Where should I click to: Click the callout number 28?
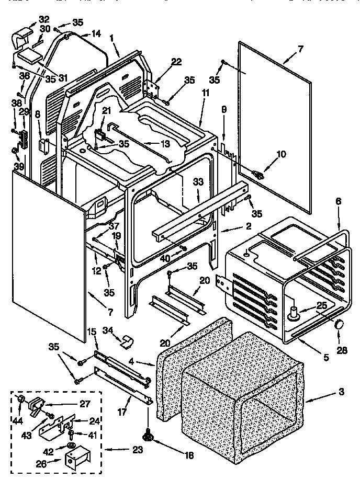point(342,350)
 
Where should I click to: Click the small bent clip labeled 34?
point(125,341)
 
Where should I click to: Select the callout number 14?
point(96,33)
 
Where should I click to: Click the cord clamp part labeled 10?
point(257,174)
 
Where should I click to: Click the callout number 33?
point(197,182)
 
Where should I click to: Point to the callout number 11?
point(205,93)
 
